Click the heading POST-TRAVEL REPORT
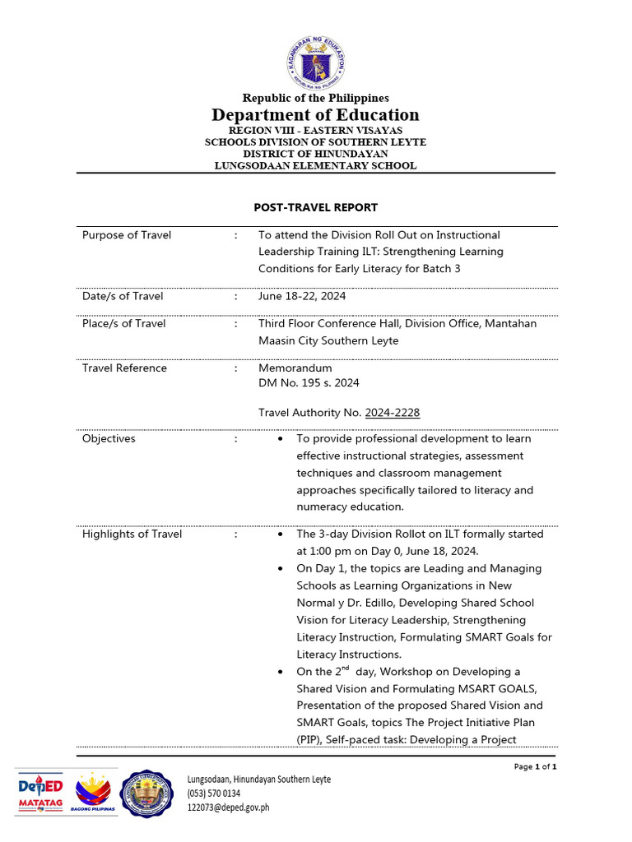[316, 207]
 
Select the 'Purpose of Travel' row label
[127, 235]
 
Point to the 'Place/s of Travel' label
[123, 323]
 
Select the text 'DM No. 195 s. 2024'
[309, 382]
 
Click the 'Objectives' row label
[109, 438]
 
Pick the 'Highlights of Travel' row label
[132, 534]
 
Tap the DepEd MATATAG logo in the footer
[40, 793]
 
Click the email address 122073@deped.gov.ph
[228, 807]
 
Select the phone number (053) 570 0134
[214, 793]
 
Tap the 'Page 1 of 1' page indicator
[536, 766]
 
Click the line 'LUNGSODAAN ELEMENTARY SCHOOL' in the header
[316, 165]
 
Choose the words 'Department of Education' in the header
[316, 115]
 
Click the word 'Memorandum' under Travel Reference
[295, 368]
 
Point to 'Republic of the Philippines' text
[316, 99]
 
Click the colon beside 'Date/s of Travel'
[236, 296]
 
